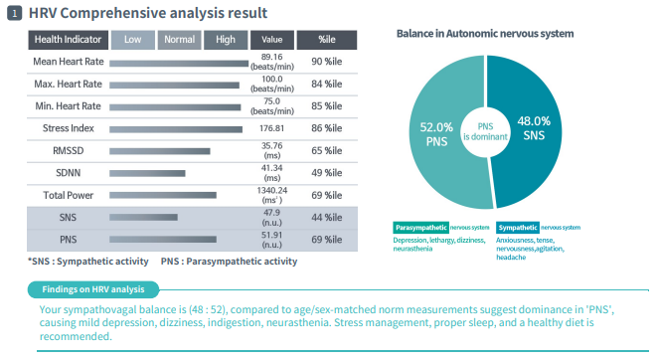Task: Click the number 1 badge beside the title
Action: pos(15,13)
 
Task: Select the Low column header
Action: pos(132,40)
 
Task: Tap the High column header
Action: pos(226,40)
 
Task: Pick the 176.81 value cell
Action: pos(272,128)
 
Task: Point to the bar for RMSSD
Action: pos(160,151)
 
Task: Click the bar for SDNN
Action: pos(148,173)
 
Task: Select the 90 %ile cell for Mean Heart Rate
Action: pos(327,62)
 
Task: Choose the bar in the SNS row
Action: pos(144,217)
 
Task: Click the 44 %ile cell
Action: pos(327,217)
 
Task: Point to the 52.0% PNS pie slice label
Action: pos(436,134)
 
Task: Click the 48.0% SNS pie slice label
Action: pos(534,127)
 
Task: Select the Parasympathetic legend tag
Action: pos(420,228)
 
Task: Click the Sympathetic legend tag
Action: pos(518,228)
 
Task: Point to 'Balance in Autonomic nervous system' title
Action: pos(484,33)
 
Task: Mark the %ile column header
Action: pos(327,40)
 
